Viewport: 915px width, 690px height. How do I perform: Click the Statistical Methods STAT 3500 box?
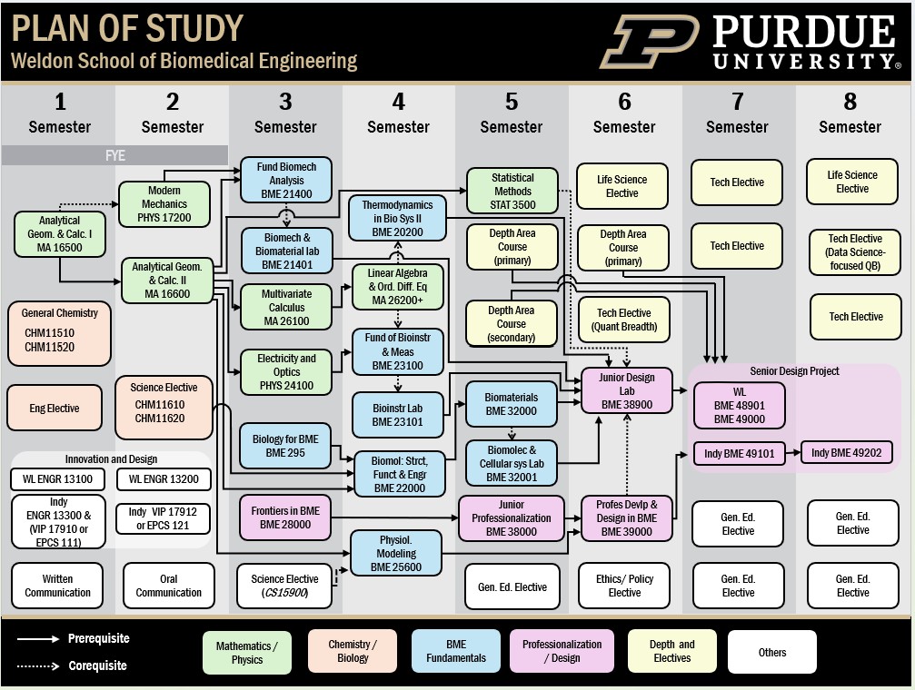click(512, 192)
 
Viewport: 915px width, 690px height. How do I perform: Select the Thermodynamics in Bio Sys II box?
click(397, 219)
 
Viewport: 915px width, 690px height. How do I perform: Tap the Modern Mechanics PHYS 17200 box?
click(164, 204)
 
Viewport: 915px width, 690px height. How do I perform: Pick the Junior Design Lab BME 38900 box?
click(627, 391)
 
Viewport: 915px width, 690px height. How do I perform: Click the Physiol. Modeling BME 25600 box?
click(396, 553)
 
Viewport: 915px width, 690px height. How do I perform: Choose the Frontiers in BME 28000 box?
click(285, 517)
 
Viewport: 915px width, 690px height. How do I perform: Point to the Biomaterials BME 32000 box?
click(511, 404)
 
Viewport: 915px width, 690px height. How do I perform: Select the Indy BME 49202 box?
click(846, 453)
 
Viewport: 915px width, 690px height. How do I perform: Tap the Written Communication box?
click(57, 586)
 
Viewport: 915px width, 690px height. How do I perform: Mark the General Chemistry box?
click(59, 332)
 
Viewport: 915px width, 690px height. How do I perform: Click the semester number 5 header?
click(512, 102)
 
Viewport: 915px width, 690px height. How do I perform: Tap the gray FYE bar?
click(114, 155)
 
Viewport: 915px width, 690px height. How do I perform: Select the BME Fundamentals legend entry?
click(455, 651)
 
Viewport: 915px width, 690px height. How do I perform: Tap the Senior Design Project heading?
click(794, 371)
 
